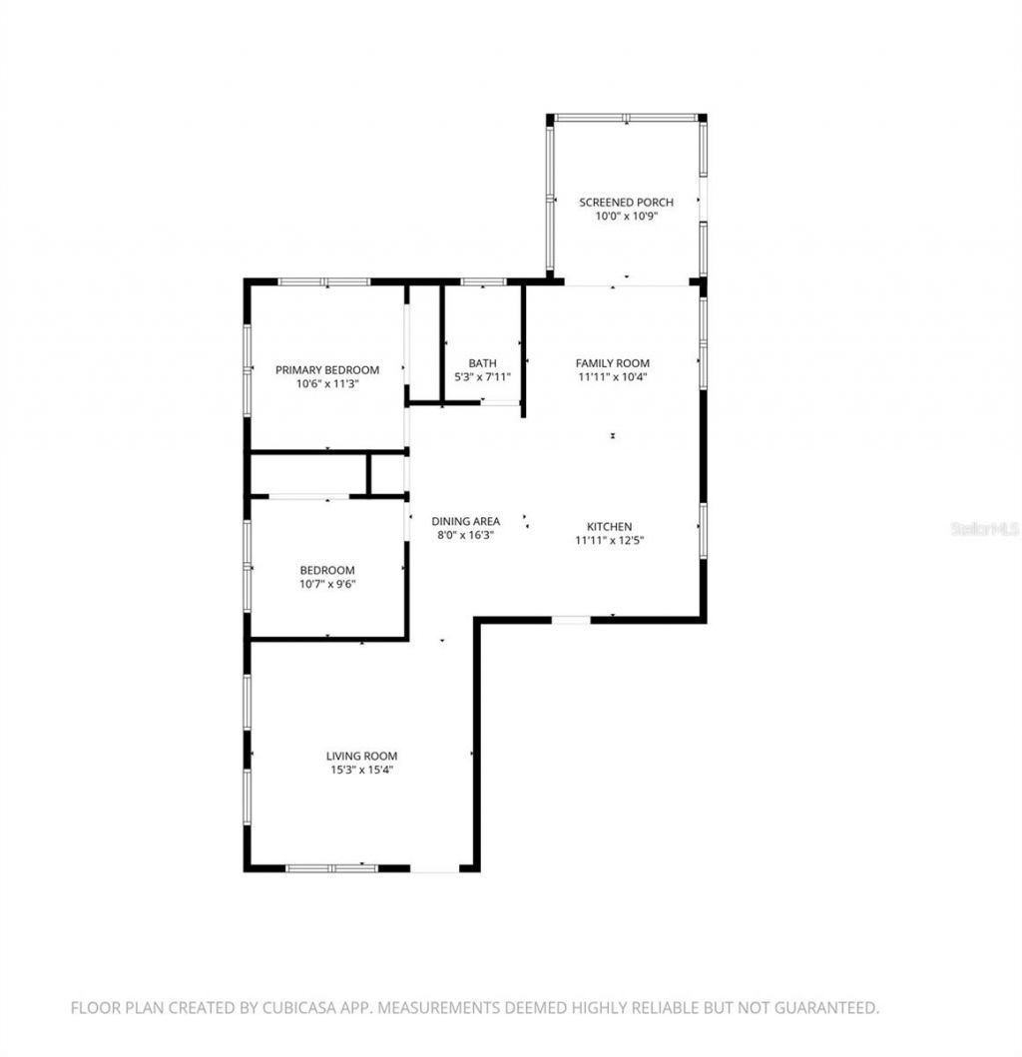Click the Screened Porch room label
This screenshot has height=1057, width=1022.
pyautogui.click(x=626, y=203)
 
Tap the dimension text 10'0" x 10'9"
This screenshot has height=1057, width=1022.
pyautogui.click(x=626, y=216)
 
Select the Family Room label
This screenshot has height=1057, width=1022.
pyautogui.click(x=612, y=363)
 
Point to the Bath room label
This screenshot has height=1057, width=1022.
pyautogui.click(x=482, y=363)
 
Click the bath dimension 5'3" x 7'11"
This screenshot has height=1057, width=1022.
pyautogui.click(x=482, y=377)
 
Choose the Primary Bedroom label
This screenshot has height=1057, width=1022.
pyautogui.click(x=327, y=369)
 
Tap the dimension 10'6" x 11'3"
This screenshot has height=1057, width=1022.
pyautogui.click(x=327, y=383)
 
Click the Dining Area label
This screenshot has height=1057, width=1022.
pyautogui.click(x=465, y=521)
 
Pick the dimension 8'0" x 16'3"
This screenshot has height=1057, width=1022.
pyautogui.click(x=465, y=535)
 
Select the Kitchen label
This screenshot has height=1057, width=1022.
pyautogui.click(x=609, y=527)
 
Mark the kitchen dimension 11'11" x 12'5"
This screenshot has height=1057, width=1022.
pyautogui.click(x=609, y=541)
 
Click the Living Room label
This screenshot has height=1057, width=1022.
pyautogui.click(x=361, y=757)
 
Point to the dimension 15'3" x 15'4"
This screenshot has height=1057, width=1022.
pyautogui.click(x=361, y=770)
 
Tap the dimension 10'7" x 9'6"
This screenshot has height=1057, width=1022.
pyautogui.click(x=327, y=584)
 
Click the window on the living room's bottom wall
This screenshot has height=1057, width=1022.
pyautogui.click(x=331, y=868)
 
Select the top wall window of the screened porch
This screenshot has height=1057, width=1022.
pyautogui.click(x=626, y=118)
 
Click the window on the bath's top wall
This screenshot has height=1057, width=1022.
pyautogui.click(x=483, y=281)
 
